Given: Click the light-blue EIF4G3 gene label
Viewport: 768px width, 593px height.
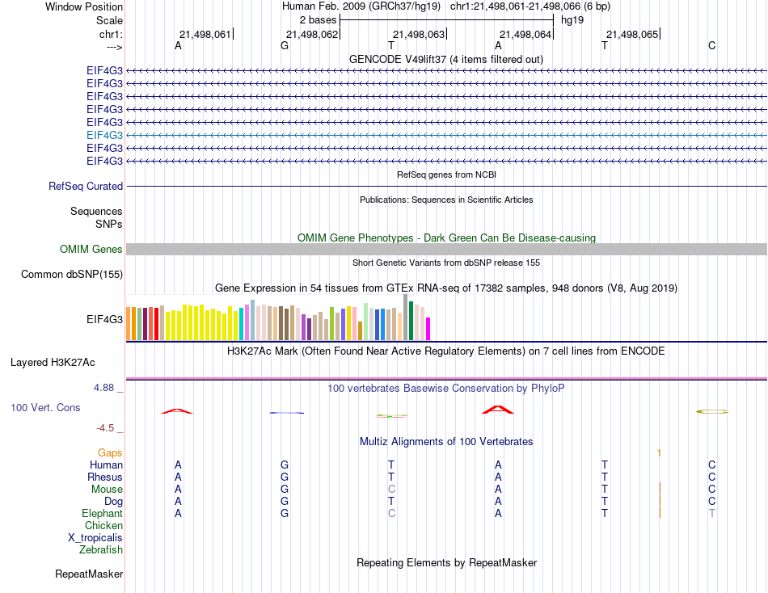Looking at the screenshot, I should tap(104, 135).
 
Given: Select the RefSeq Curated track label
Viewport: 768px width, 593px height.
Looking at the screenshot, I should tap(86, 186).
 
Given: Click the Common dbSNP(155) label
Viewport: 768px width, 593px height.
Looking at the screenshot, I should tap(72, 275).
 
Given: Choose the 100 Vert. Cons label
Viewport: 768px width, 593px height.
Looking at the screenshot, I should tap(45, 408).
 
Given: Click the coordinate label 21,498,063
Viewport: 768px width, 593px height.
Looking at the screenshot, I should tap(418, 34).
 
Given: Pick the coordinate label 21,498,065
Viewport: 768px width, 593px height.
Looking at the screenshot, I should tap(632, 34).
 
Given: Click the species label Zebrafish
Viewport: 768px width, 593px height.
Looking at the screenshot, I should tap(101, 550).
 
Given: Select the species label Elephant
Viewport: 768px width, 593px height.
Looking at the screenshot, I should tap(102, 514).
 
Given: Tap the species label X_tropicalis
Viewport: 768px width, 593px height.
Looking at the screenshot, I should tap(95, 538).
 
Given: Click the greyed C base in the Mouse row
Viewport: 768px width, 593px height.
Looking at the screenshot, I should tap(391, 490).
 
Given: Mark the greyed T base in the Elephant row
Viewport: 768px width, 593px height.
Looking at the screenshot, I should tap(711, 514).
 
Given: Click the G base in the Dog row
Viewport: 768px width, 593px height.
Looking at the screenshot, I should tap(285, 502).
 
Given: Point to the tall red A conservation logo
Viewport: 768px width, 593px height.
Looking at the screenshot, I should tap(498, 409).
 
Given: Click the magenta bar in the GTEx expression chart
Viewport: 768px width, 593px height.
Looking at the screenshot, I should tap(428, 329).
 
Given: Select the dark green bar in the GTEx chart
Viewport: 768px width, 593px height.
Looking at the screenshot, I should tap(411, 321).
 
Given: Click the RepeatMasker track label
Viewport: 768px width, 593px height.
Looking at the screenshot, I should tap(89, 574).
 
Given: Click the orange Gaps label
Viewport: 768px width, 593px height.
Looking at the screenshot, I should tap(110, 453).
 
